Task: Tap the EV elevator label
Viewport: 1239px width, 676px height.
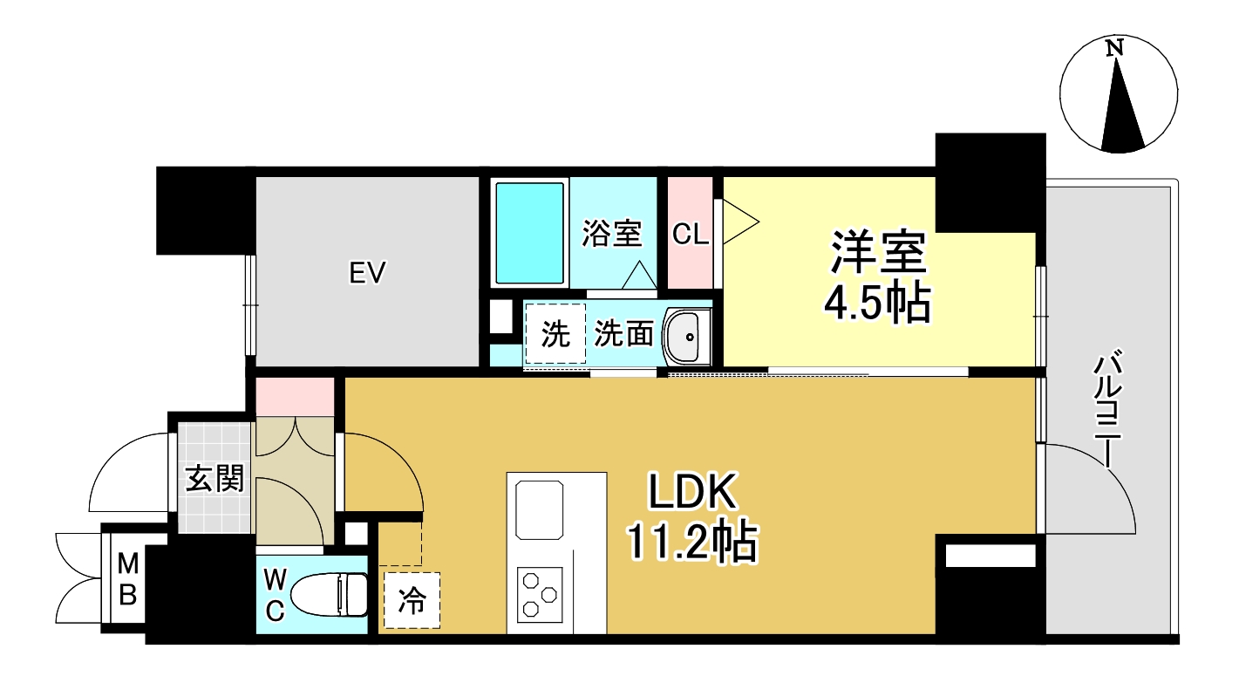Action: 367,274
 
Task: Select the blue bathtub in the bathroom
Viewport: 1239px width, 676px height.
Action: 529,233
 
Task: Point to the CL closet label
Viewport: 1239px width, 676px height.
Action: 691,234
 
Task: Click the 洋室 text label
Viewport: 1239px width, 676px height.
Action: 876,254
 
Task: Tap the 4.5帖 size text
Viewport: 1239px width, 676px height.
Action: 876,303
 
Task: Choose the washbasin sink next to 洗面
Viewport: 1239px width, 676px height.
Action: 689,336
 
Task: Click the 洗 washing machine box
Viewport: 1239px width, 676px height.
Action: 555,334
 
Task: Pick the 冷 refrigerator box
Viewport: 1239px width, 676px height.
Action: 412,600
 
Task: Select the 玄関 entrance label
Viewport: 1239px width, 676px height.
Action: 214,478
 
